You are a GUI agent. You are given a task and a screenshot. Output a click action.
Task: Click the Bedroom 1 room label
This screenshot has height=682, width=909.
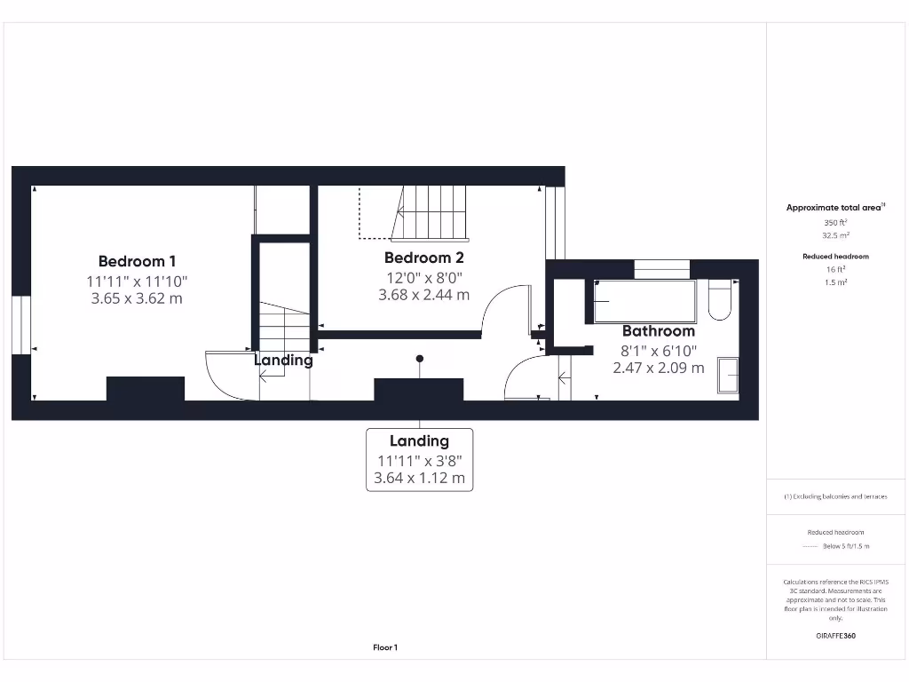click(x=137, y=261)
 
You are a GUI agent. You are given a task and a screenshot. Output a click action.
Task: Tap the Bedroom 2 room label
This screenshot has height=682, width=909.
click(x=423, y=258)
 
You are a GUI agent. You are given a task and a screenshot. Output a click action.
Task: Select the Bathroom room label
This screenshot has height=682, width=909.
click(x=658, y=331)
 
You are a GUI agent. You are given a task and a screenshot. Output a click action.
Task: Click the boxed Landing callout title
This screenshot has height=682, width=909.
click(x=419, y=440)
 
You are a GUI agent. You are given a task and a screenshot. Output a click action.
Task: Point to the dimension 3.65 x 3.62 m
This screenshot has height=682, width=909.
click(x=137, y=298)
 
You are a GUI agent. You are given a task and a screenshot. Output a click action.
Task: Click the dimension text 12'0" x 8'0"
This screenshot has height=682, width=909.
click(x=423, y=277)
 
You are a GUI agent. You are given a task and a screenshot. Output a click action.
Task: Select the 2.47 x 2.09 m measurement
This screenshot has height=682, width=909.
click(x=658, y=367)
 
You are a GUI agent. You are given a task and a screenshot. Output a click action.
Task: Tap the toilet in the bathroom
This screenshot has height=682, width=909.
click(x=720, y=301)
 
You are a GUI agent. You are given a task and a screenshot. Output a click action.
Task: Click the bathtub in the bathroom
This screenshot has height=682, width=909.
click(x=644, y=302)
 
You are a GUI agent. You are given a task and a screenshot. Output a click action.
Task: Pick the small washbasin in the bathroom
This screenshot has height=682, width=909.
click(x=728, y=375)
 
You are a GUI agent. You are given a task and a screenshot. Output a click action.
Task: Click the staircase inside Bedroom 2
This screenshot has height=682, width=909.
click(x=431, y=213)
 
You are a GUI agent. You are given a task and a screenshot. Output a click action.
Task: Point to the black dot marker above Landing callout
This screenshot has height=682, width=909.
click(x=419, y=359)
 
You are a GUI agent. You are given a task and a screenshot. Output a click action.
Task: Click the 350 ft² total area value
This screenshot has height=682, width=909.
click(x=835, y=222)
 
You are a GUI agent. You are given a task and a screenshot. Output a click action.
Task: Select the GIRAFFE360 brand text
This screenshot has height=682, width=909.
click(x=835, y=636)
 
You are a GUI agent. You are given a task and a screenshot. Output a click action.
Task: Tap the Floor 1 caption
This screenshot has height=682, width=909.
click(x=385, y=647)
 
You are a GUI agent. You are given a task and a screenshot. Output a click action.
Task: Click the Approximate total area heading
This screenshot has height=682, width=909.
click(x=834, y=207)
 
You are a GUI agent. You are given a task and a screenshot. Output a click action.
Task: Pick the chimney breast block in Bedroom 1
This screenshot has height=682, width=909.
click(x=146, y=389)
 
